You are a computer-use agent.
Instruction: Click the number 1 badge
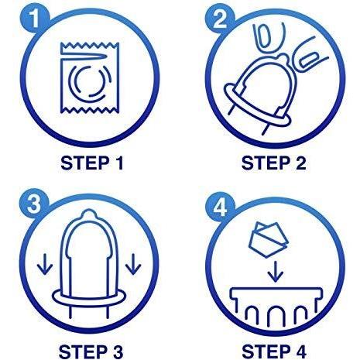34,19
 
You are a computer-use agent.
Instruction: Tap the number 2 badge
220,19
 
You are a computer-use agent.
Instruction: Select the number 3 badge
34,204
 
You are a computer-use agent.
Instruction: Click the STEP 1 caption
92,163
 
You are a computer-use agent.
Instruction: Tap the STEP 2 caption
274,163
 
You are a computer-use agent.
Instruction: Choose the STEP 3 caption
91,351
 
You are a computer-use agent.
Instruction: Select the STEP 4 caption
274,351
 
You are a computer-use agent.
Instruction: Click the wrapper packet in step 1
90,78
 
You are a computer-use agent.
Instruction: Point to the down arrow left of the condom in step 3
45,264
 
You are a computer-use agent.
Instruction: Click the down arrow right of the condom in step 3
133,264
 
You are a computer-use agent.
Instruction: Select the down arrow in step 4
276,271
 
